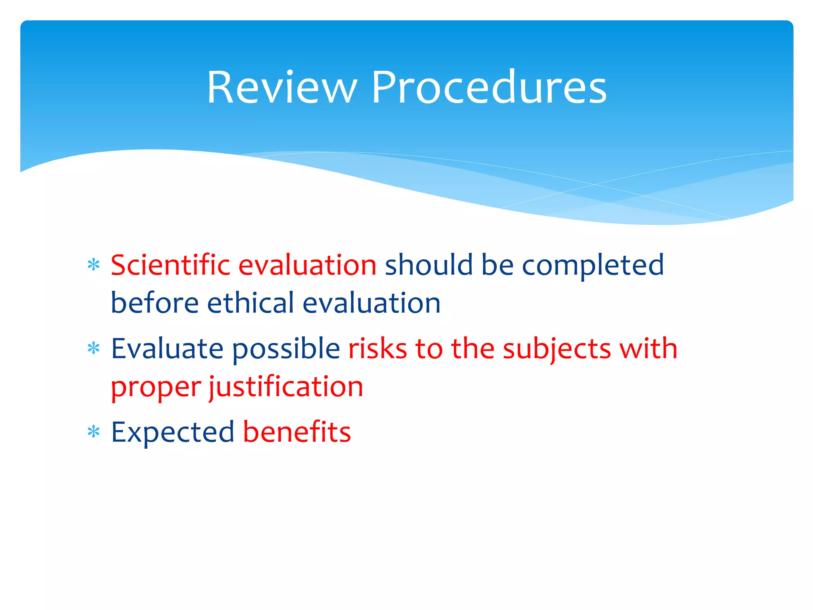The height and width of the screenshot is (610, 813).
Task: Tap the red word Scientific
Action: pyautogui.click(x=170, y=265)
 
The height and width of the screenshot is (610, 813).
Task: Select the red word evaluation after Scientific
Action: pyautogui.click(x=307, y=265)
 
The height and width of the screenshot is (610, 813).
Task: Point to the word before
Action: pyautogui.click(x=154, y=303)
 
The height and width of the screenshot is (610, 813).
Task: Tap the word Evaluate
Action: pyautogui.click(x=167, y=349)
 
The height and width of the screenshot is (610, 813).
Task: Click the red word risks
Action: pyautogui.click(x=378, y=349)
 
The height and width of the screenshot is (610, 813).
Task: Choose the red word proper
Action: pyautogui.click(x=156, y=388)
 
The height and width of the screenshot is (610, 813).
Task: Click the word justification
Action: pyautogui.click(x=286, y=388)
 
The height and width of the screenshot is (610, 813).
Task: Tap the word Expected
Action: pyautogui.click(x=173, y=433)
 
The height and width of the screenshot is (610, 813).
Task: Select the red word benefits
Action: pyautogui.click(x=297, y=432)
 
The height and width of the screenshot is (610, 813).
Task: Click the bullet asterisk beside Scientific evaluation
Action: pyautogui.click(x=93, y=265)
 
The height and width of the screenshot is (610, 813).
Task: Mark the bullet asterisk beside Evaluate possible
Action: pyautogui.click(x=93, y=349)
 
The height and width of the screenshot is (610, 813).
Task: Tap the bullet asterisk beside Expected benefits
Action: pyautogui.click(x=93, y=432)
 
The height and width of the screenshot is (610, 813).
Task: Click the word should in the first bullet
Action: pyautogui.click(x=429, y=265)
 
